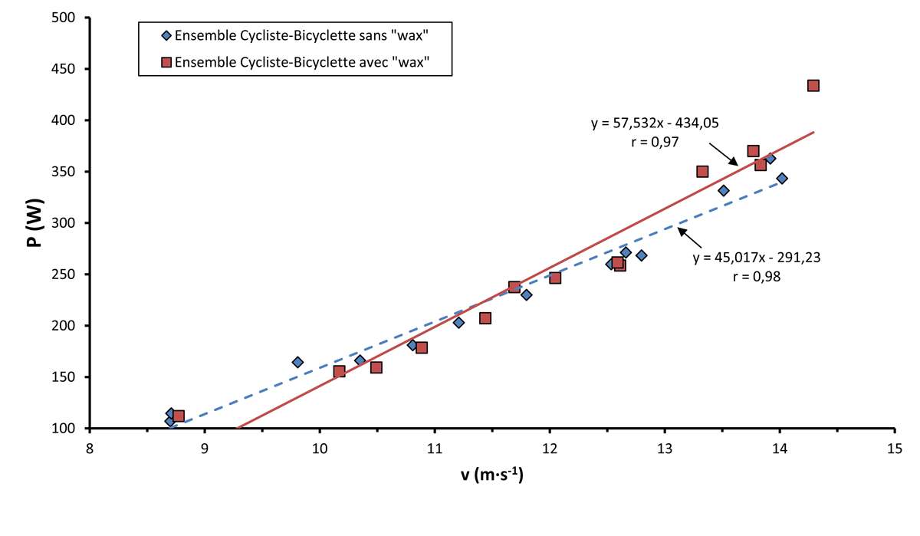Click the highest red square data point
click(x=813, y=85)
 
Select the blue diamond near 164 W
click(x=297, y=362)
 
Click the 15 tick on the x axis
click(x=894, y=429)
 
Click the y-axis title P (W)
click(x=33, y=222)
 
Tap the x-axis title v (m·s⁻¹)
click(x=491, y=476)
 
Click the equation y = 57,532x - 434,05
click(x=654, y=123)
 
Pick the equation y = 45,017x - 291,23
click(x=757, y=258)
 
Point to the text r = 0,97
click(x=654, y=142)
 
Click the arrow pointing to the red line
click(x=723, y=151)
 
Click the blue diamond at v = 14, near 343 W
click(x=782, y=178)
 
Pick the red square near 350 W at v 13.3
click(x=702, y=171)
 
